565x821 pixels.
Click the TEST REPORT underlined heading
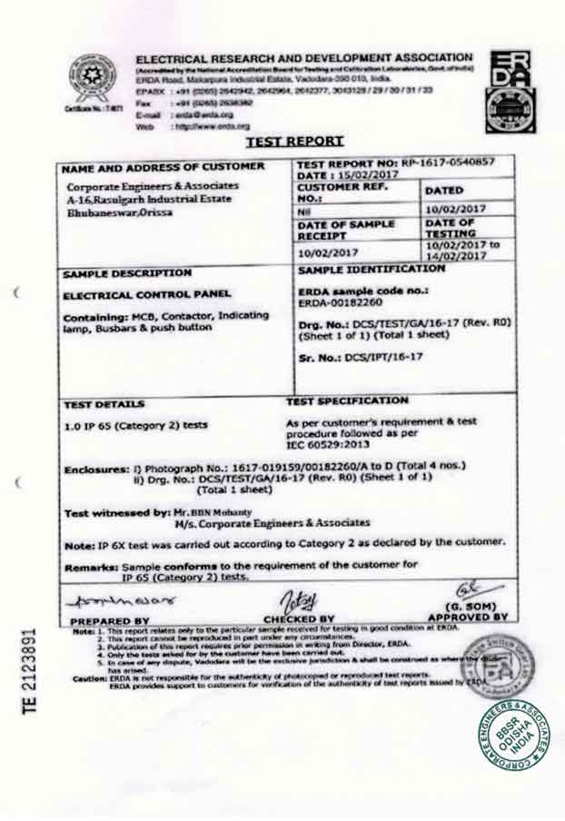click(x=294, y=141)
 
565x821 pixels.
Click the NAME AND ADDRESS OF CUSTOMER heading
click(x=164, y=167)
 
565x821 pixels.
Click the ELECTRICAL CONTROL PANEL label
click(x=147, y=295)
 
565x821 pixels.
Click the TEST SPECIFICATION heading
click(x=348, y=401)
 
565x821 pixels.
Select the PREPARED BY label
click(x=110, y=620)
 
